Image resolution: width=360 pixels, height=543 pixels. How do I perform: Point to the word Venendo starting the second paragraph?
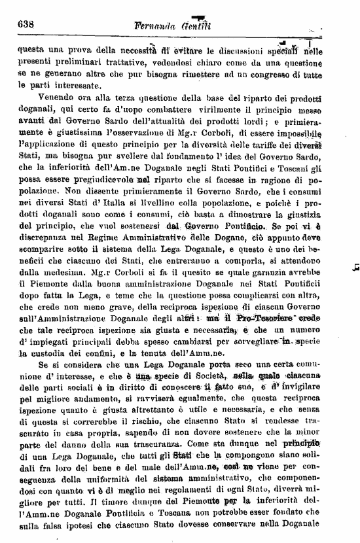58,97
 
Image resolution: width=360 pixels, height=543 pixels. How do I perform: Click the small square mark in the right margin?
354,266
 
